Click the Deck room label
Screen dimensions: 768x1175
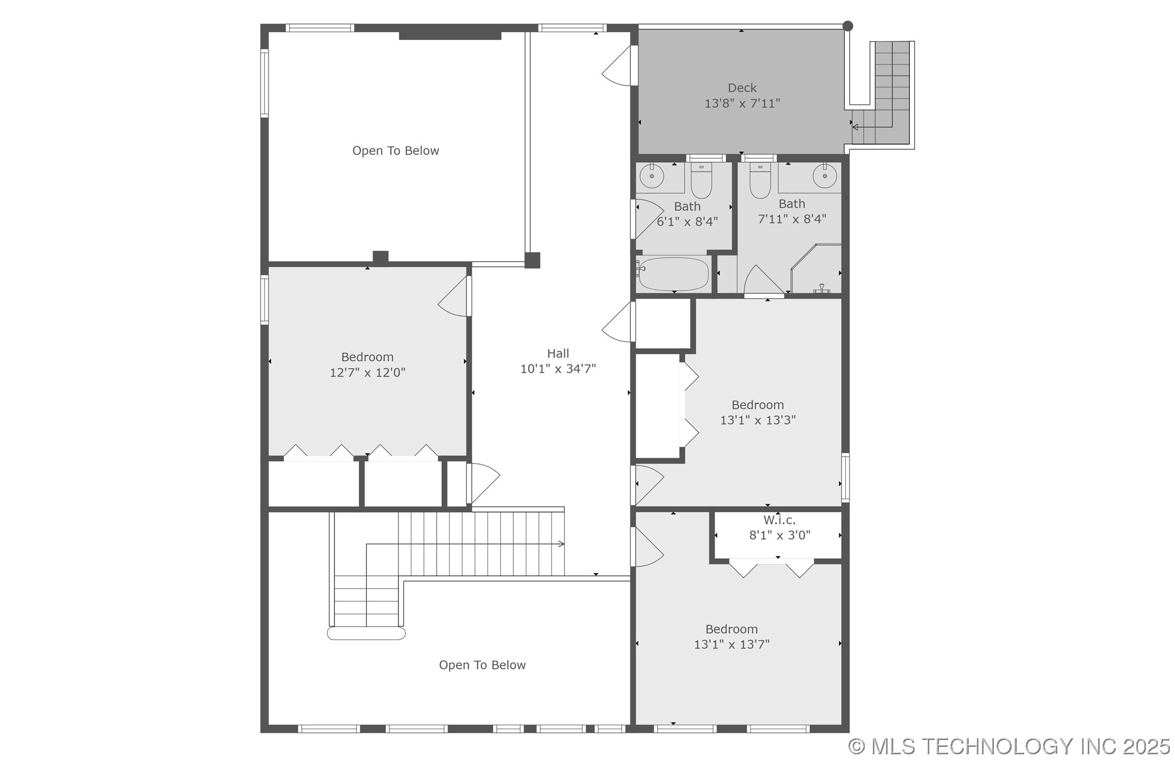coord(742,88)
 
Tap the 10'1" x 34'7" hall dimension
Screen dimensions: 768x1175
coord(558,369)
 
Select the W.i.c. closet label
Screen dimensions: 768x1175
coord(779,521)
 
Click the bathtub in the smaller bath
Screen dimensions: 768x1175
coord(674,274)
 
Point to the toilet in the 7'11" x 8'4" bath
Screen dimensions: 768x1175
coord(760,181)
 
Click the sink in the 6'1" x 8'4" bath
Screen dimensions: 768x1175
coord(651,175)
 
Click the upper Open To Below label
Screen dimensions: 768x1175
coord(395,151)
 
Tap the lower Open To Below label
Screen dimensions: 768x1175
coord(482,665)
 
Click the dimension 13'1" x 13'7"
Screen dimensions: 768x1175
coord(732,645)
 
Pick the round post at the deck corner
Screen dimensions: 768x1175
coord(848,26)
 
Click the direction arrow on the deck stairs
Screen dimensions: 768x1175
coord(855,127)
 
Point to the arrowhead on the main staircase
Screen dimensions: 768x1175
coord(562,544)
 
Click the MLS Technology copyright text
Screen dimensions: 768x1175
coord(1009,746)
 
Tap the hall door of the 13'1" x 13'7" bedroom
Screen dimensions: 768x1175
coord(648,547)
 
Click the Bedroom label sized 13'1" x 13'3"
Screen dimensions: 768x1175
coord(757,405)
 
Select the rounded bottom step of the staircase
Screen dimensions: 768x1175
coord(366,633)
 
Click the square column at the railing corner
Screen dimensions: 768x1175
coord(532,261)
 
